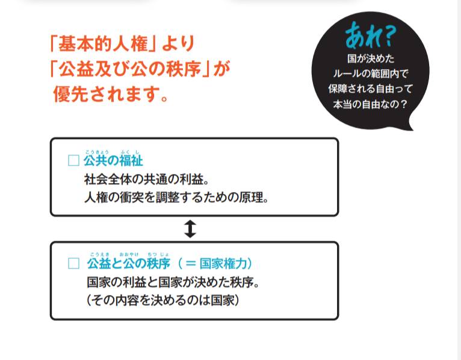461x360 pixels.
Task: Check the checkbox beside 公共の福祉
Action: click(73, 161)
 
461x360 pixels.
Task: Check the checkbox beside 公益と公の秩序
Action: click(73, 264)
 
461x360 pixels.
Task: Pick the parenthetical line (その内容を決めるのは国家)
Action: click(163, 299)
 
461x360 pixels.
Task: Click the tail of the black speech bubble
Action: click(410, 125)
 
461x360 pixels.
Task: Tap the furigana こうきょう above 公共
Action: click(96, 151)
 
